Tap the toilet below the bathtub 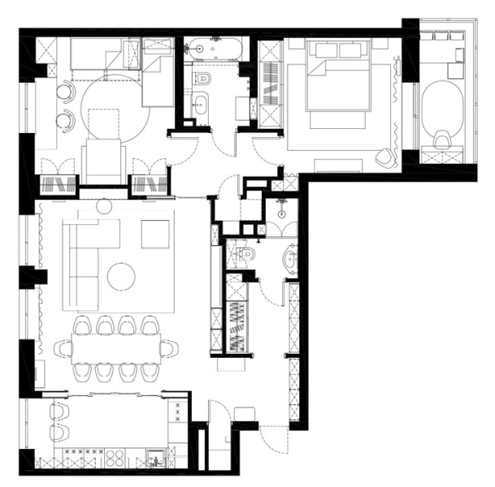click(x=204, y=79)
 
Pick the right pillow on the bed click(x=353, y=50)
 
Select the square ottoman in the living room click(x=156, y=234)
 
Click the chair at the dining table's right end click(x=168, y=349)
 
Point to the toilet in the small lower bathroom click(x=249, y=257)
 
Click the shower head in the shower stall click(x=280, y=200)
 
